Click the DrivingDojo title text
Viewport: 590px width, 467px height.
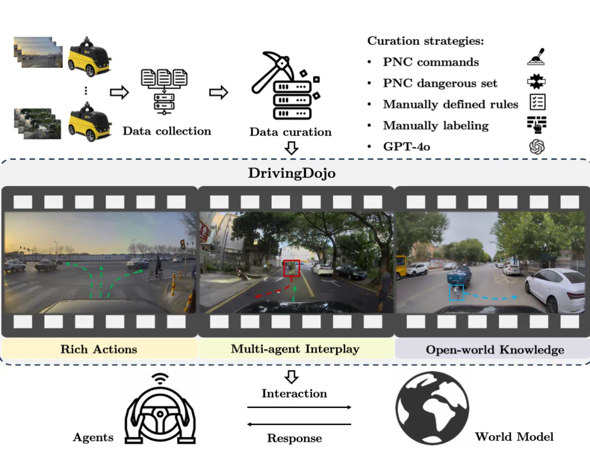(291, 173)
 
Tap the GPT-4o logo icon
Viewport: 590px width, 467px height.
(537, 147)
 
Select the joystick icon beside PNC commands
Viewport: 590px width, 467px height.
(537, 58)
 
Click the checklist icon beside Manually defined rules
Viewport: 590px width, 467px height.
(537, 102)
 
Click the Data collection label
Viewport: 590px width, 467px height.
(167, 131)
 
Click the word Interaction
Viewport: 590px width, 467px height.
(294, 393)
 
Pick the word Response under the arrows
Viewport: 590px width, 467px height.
(294, 438)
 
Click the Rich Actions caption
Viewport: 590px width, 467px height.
(99, 349)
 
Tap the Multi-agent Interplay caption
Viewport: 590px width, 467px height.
(295, 349)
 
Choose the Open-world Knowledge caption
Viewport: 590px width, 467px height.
(495, 349)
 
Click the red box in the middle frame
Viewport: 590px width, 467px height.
(292, 268)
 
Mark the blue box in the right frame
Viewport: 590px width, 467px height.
(456, 293)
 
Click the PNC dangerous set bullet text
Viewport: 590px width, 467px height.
(440, 83)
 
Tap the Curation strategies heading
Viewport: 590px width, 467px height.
(426, 41)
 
